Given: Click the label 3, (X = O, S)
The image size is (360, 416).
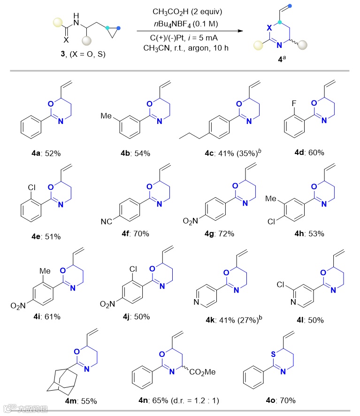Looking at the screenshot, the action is pyautogui.click(x=77, y=54).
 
